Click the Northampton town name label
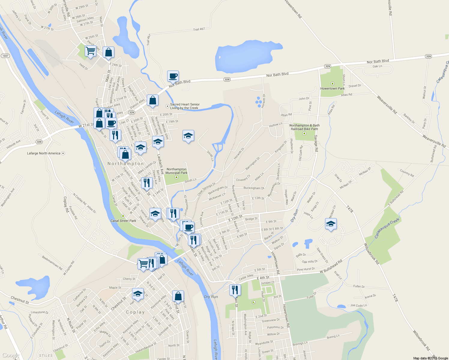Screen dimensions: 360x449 tap(126, 164)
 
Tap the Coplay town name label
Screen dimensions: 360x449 tap(135, 312)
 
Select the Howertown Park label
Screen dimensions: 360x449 tap(332, 88)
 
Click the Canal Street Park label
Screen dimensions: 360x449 tap(123, 221)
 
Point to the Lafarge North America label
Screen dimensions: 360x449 tap(44, 153)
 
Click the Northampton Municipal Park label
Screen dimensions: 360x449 tap(177, 171)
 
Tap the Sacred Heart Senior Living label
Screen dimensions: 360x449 tap(185, 106)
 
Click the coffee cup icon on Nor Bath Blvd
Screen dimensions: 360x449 tap(173, 76)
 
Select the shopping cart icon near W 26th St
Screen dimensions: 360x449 tap(90, 51)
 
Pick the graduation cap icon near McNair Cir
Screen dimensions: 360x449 tap(331, 224)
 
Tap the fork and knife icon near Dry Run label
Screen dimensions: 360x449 tap(235, 290)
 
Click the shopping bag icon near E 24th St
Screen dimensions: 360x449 tap(109, 52)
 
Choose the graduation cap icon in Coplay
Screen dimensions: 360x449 tap(138, 294)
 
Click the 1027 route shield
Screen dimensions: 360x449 tap(5, 56)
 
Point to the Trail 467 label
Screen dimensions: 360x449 tap(199, 29)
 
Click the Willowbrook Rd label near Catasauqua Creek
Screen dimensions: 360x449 tap(372, 253)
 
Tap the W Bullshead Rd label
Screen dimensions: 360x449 tap(331, 267)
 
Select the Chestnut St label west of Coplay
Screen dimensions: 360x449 tap(20, 300)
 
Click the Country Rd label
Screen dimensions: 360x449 tap(407, 173)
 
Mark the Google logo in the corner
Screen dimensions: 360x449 tap(11, 355)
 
